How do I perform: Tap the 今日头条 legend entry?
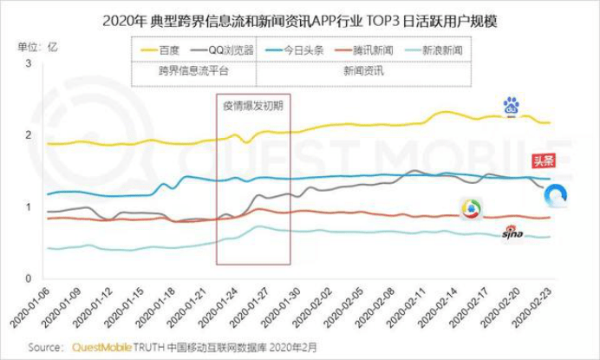(310, 50)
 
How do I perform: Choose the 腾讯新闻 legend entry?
(374, 50)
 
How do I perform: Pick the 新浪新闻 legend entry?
(439, 50)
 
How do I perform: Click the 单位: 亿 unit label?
(35, 44)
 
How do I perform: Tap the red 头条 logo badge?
(543, 160)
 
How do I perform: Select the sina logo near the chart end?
(513, 232)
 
